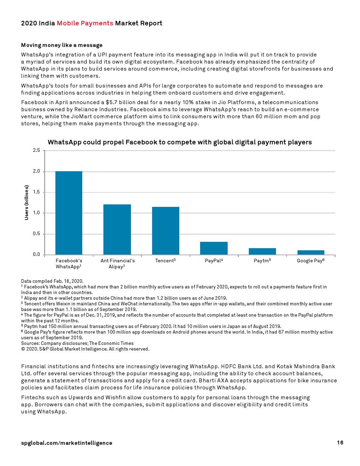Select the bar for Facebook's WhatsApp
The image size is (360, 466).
pyautogui.click(x=69, y=213)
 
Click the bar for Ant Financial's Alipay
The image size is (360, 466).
pyautogui.click(x=117, y=229)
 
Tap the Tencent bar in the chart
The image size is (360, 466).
pyautogui.click(x=166, y=231)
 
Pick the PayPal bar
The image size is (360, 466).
pyautogui.click(x=214, y=248)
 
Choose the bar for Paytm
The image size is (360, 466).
pyautogui.click(x=262, y=251)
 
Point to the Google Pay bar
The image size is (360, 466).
pyautogui.click(x=311, y=252)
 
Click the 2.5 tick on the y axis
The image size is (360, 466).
pyautogui.click(x=36, y=150)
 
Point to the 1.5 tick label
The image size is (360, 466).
pyautogui.click(x=36, y=192)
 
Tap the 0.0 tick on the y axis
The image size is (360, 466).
pyautogui.click(x=36, y=255)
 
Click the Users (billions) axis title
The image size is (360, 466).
pyautogui.click(x=26, y=203)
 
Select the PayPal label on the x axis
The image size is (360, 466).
pyautogui.click(x=214, y=261)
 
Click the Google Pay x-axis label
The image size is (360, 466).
pyautogui.click(x=310, y=261)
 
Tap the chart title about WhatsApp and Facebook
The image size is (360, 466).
pyautogui.click(x=180, y=142)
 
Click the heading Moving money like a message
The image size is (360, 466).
pyautogui.click(x=62, y=45)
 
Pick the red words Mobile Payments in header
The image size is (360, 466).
pyautogui.click(x=85, y=23)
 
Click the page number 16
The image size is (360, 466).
pyautogui.click(x=340, y=443)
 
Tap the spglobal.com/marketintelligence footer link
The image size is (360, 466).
pyautogui.click(x=67, y=443)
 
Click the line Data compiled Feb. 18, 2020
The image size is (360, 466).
pyautogui.click(x=52, y=281)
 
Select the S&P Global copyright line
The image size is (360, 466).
pyautogui.click(x=85, y=349)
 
